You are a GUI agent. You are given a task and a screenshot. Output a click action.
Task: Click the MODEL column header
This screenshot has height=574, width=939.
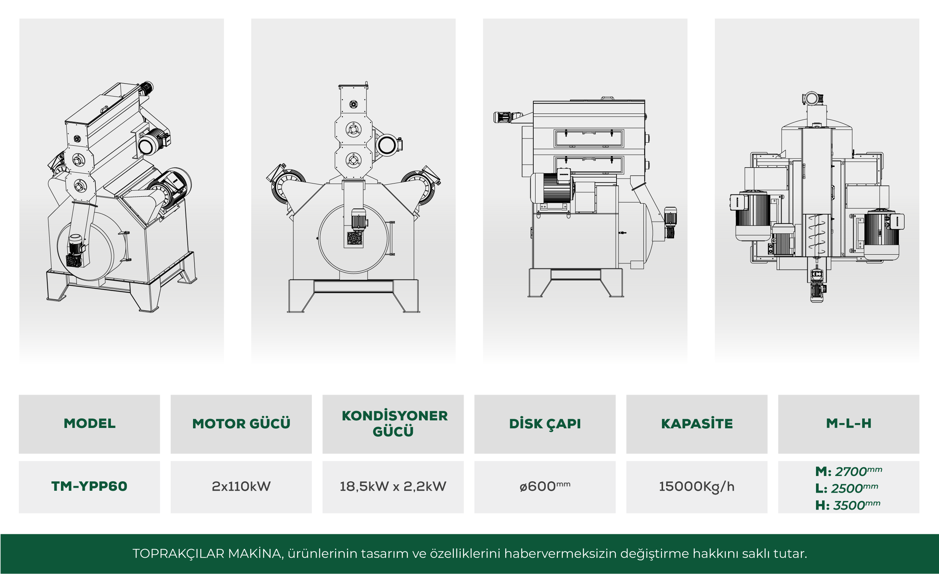(x=90, y=423)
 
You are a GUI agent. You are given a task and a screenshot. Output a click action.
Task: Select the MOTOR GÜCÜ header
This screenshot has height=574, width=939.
(x=241, y=423)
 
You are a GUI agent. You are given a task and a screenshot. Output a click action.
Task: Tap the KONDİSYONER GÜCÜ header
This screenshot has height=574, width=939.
(x=394, y=423)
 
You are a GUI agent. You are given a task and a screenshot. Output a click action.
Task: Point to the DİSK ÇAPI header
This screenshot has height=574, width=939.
(x=545, y=424)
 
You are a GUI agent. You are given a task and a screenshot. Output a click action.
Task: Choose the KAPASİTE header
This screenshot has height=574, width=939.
(x=697, y=423)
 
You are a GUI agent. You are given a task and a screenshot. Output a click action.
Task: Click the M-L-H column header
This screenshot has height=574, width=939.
(x=849, y=423)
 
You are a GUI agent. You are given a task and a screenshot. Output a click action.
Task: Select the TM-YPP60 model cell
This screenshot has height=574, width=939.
(x=89, y=486)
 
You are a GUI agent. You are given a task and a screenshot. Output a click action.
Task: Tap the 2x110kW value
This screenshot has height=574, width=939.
(x=241, y=486)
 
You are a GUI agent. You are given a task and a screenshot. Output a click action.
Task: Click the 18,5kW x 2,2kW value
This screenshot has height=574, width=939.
(x=393, y=486)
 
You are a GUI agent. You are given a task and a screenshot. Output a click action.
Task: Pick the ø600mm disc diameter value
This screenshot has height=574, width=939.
(x=545, y=486)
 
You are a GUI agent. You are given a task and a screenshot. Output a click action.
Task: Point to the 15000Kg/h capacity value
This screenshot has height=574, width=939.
(x=697, y=487)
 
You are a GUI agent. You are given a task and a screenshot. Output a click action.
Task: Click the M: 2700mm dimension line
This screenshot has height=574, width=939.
(x=849, y=471)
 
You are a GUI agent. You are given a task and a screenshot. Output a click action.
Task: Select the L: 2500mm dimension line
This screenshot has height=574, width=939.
(x=847, y=488)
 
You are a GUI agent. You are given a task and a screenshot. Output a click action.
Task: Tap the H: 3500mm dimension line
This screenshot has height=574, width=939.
(x=848, y=505)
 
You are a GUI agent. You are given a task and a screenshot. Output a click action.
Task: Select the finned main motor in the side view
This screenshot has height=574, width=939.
(x=551, y=188)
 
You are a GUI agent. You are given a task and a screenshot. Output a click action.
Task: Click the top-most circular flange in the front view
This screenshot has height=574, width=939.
(x=353, y=104)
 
